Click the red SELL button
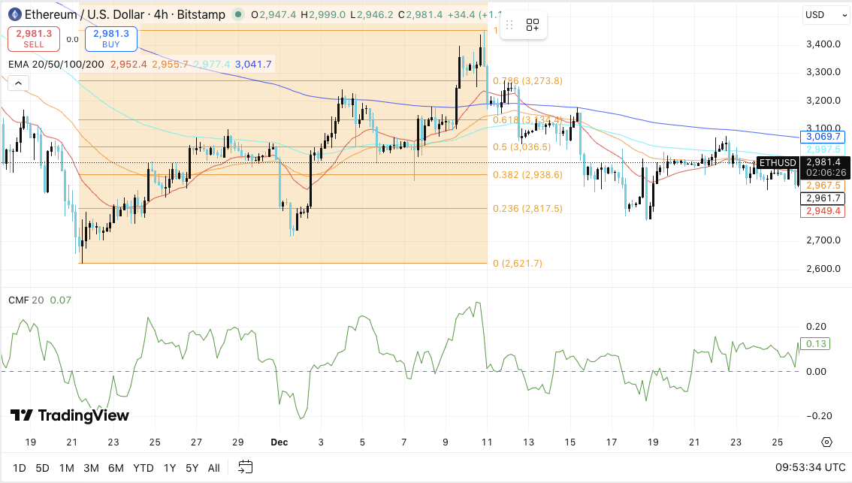pos(29,38)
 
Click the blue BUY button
pos(111,38)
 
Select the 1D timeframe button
pos(19,468)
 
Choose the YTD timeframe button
pos(144,468)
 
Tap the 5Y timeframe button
pos(192,468)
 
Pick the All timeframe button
pos(213,468)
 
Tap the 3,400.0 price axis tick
pos(822,44)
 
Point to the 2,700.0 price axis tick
pos(822,240)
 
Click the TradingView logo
pos(70,415)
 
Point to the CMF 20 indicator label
pos(26,300)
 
